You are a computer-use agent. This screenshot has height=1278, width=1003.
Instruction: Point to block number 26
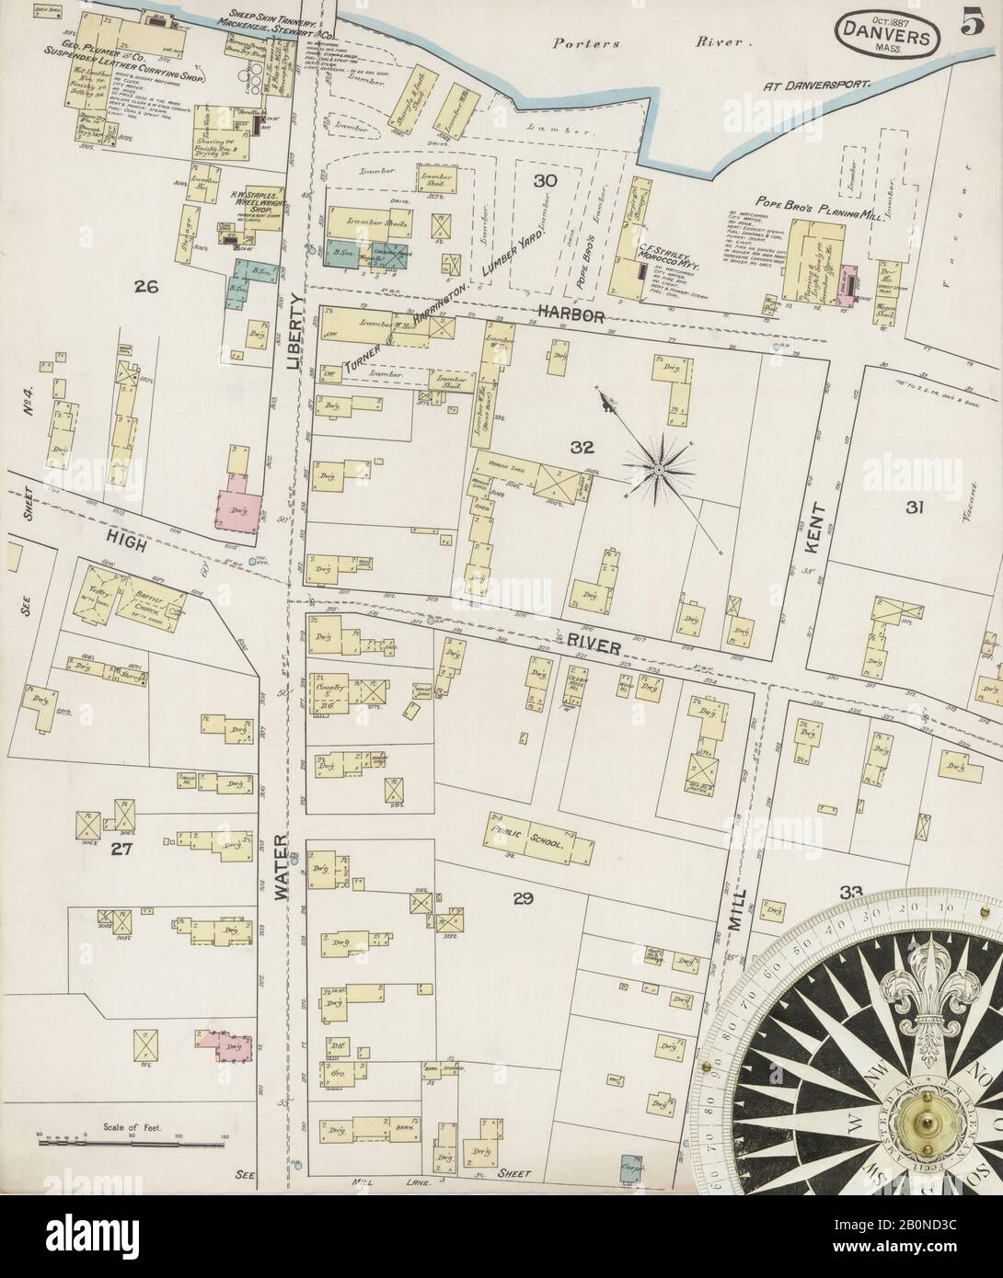145,287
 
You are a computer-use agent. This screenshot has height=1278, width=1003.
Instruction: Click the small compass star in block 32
659,469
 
